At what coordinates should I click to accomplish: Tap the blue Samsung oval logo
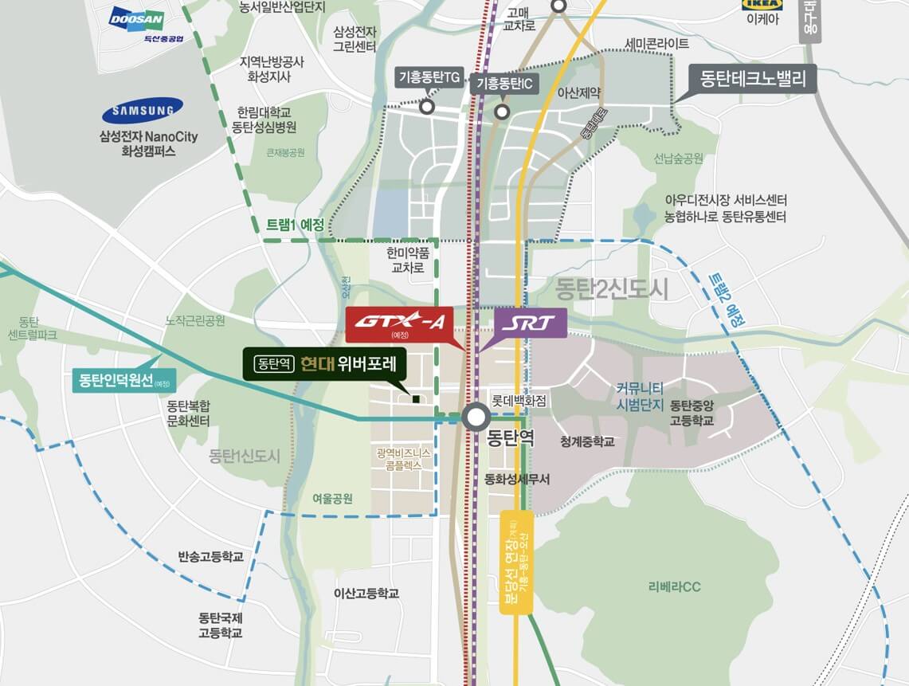[x=143, y=110]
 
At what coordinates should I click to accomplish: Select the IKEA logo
[x=762, y=5]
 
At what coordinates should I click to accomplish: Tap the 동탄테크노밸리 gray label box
[x=753, y=79]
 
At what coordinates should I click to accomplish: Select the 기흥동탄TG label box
[x=429, y=77]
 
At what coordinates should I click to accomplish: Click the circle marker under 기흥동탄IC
[x=502, y=112]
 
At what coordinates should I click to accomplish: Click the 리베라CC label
[x=674, y=587]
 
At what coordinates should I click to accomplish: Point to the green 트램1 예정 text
[x=294, y=225]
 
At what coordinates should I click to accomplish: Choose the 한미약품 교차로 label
[x=408, y=261]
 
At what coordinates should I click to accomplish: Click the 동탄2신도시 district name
[x=612, y=287]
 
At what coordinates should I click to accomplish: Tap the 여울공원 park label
[x=332, y=499]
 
